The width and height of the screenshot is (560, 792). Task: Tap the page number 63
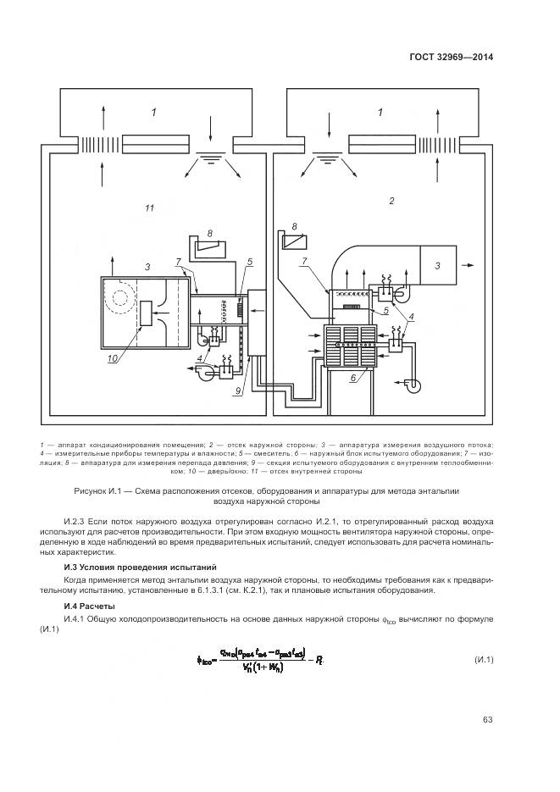488,720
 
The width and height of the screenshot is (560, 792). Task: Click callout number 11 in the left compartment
149,207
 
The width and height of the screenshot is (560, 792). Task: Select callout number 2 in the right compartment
391,201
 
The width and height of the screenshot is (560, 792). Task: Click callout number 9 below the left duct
240,390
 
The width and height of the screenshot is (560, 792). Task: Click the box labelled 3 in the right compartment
438,265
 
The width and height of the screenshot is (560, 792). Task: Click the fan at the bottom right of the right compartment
414,384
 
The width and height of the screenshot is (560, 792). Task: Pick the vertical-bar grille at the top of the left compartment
94,142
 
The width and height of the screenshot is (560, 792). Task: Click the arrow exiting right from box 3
469,265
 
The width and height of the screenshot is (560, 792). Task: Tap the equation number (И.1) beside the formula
484,660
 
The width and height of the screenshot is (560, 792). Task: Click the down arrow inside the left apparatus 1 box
208,126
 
